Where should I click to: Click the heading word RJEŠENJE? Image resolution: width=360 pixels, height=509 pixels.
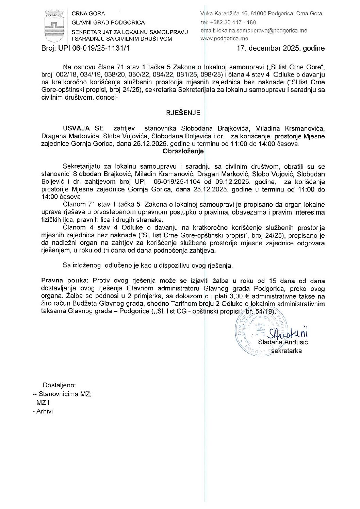[183, 113]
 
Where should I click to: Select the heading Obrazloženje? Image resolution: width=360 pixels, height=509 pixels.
[183, 151]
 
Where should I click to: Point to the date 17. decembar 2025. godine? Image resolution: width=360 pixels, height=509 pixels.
[281, 48]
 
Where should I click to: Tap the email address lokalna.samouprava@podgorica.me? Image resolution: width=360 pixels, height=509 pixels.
[262, 30]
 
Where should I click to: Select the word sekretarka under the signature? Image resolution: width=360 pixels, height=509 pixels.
[288, 351]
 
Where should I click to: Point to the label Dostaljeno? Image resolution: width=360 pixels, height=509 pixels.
[59, 386]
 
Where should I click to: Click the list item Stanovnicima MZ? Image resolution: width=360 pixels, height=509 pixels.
[65, 394]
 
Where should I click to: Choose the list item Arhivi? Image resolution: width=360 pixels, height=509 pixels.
[45, 411]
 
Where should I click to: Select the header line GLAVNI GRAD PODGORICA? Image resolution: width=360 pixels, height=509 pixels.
[108, 22]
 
